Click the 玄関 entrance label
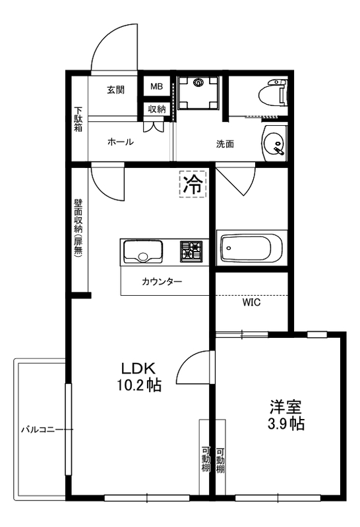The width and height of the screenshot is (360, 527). click(115, 90)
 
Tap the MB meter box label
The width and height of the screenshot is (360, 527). click(156, 87)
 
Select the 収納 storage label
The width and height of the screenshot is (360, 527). click(156, 109)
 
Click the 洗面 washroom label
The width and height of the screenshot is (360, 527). click(225, 144)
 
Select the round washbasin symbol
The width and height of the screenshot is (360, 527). click(274, 143)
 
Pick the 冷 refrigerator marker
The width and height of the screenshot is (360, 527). click(193, 183)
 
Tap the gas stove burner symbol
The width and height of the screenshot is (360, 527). click(193, 251)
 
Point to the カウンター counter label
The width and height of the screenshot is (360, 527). click(162, 282)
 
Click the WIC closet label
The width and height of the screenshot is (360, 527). click(251, 303)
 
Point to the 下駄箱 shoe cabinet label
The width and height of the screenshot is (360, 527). click(78, 120)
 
